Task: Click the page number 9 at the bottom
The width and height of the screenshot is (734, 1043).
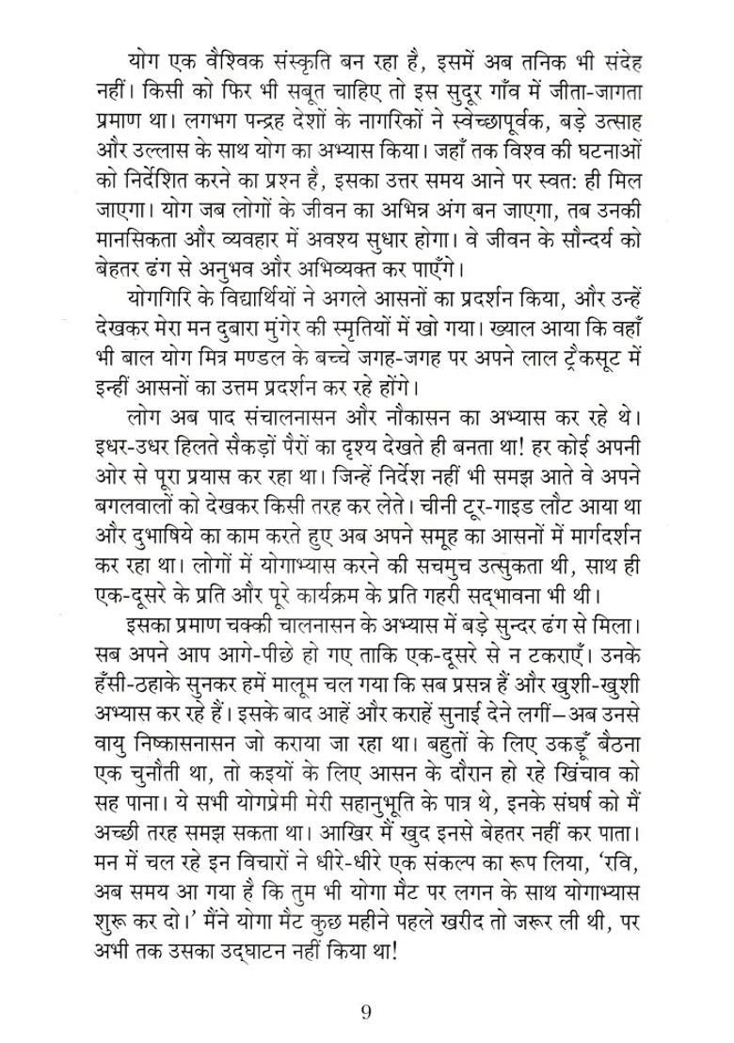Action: click(366, 1013)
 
